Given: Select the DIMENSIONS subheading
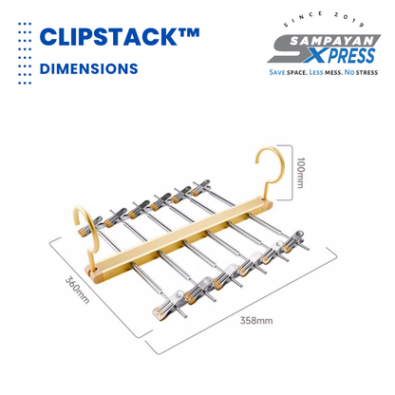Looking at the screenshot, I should pyautogui.click(x=88, y=68).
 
